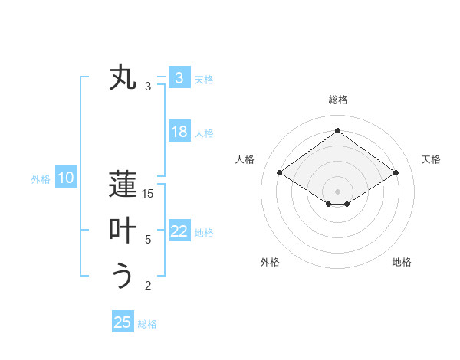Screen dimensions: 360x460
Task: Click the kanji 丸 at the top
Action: [x=123, y=79]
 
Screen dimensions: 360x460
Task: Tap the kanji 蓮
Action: [x=123, y=185]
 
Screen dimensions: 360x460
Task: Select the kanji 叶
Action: [x=123, y=231]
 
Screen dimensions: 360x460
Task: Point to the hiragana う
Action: [x=123, y=275]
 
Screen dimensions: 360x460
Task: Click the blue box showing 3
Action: [x=179, y=78]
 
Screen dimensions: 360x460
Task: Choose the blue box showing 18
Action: [x=179, y=132]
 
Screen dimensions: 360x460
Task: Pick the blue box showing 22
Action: [x=179, y=231]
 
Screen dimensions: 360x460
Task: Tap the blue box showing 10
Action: [x=65, y=178]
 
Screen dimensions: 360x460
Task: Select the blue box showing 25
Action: [x=123, y=322]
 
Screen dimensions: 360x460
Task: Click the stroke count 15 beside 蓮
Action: [x=149, y=194]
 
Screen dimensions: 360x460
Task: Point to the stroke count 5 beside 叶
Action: [x=149, y=240]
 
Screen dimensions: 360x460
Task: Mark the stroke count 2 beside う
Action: [x=149, y=286]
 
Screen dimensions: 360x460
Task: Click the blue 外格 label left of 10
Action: [x=41, y=179]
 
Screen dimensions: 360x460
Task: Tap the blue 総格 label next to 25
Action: [x=147, y=324]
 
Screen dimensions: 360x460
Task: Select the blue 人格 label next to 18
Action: [x=204, y=133]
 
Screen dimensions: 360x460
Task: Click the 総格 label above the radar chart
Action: [x=337, y=100]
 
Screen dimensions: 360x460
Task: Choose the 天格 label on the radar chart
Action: [x=431, y=159]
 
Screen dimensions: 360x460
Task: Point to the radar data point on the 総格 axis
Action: [x=337, y=131]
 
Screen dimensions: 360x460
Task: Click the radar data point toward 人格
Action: [x=280, y=173]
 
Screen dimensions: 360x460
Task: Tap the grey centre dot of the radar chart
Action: [x=337, y=191]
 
